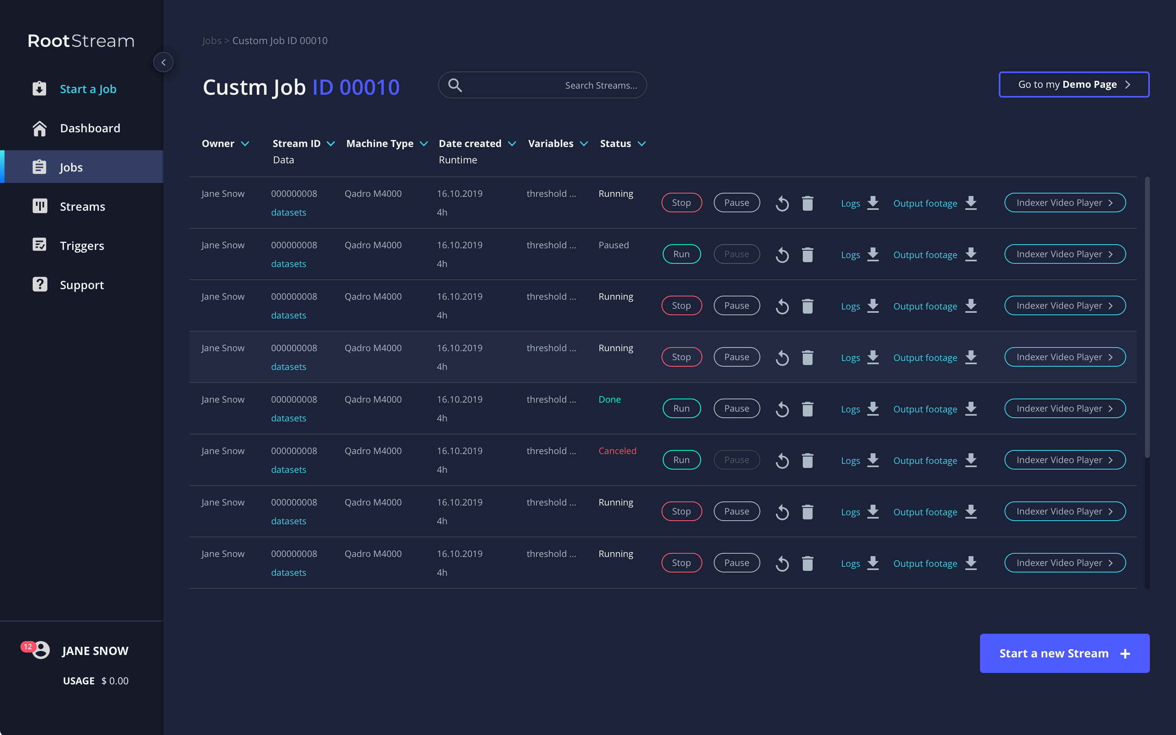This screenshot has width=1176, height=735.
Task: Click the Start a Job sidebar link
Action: [x=88, y=89]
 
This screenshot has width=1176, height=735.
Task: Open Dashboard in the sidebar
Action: [x=90, y=128]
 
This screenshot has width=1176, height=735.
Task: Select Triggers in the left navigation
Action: [x=82, y=245]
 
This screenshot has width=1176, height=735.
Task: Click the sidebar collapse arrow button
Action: [x=163, y=62]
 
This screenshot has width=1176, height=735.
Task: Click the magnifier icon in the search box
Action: [x=455, y=85]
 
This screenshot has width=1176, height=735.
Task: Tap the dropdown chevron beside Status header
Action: [x=641, y=144]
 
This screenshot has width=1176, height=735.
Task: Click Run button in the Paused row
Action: [x=681, y=254]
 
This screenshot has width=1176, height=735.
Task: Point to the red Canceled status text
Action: [x=617, y=451]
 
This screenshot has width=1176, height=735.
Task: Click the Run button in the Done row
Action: [x=681, y=408]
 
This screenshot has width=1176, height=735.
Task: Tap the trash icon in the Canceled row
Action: [x=808, y=460]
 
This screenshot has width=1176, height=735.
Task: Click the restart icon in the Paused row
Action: [x=782, y=255]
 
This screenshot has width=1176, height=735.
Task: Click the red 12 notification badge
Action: [x=28, y=646]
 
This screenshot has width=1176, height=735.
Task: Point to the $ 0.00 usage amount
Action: [x=115, y=681]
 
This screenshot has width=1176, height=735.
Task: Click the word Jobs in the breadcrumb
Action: [x=212, y=40]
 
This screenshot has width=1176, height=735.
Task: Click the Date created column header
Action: [x=470, y=143]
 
